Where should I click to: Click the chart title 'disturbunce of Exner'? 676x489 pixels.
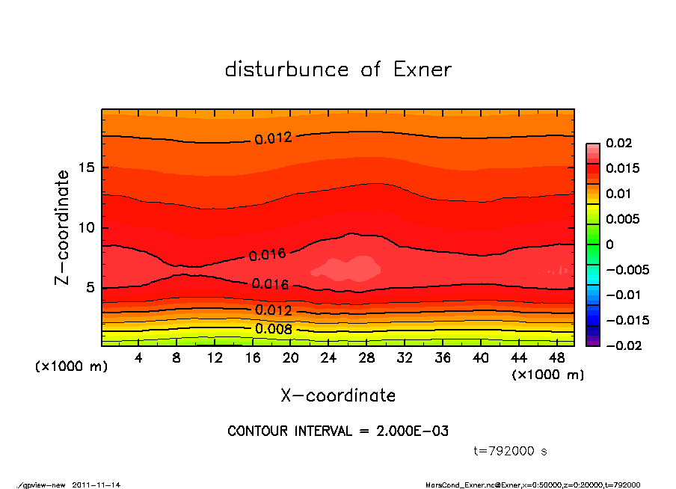pyautogui.click(x=338, y=70)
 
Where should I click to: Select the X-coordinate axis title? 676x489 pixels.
pyautogui.click(x=338, y=395)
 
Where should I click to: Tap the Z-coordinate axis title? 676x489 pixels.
pyautogui.click(x=63, y=227)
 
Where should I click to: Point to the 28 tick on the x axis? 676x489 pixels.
pyautogui.click(x=366, y=358)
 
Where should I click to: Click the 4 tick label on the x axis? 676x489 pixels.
pyautogui.click(x=139, y=358)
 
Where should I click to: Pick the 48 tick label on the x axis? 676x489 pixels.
pyautogui.click(x=556, y=358)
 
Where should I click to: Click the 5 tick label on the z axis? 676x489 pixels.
pyautogui.click(x=90, y=288)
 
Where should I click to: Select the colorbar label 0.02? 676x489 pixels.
pyautogui.click(x=618, y=143)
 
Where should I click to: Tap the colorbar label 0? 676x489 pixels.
pyautogui.click(x=609, y=244)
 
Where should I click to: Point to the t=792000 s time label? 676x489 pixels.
pyautogui.click(x=511, y=451)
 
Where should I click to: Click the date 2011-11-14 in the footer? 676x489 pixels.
pyautogui.click(x=96, y=485)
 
